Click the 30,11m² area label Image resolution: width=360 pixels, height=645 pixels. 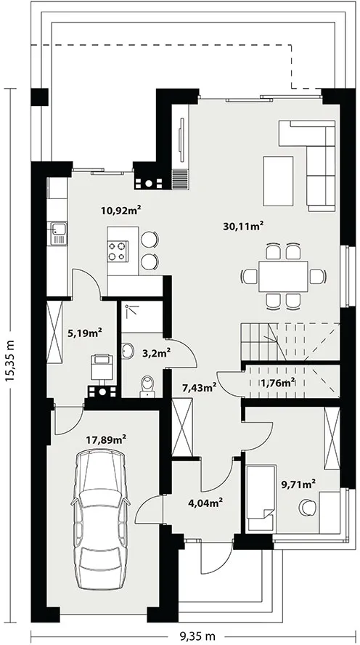point(243,226)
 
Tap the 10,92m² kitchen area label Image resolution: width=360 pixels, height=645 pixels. point(121,211)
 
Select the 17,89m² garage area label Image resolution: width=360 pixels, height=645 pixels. point(106,439)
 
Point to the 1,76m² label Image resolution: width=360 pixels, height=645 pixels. point(278,383)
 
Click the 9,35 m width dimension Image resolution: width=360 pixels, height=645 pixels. point(197,636)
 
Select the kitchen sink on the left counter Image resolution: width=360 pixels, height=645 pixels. point(57,233)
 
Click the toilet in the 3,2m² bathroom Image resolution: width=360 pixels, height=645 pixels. point(147,387)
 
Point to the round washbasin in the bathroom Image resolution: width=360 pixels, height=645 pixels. point(128,351)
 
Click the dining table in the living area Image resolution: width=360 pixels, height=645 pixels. point(284,277)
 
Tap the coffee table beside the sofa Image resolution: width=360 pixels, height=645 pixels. point(278,181)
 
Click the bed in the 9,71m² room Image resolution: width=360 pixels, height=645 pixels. point(261,498)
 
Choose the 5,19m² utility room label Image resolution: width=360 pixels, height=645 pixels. point(85,333)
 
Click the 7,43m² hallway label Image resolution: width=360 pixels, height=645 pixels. point(200,387)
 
